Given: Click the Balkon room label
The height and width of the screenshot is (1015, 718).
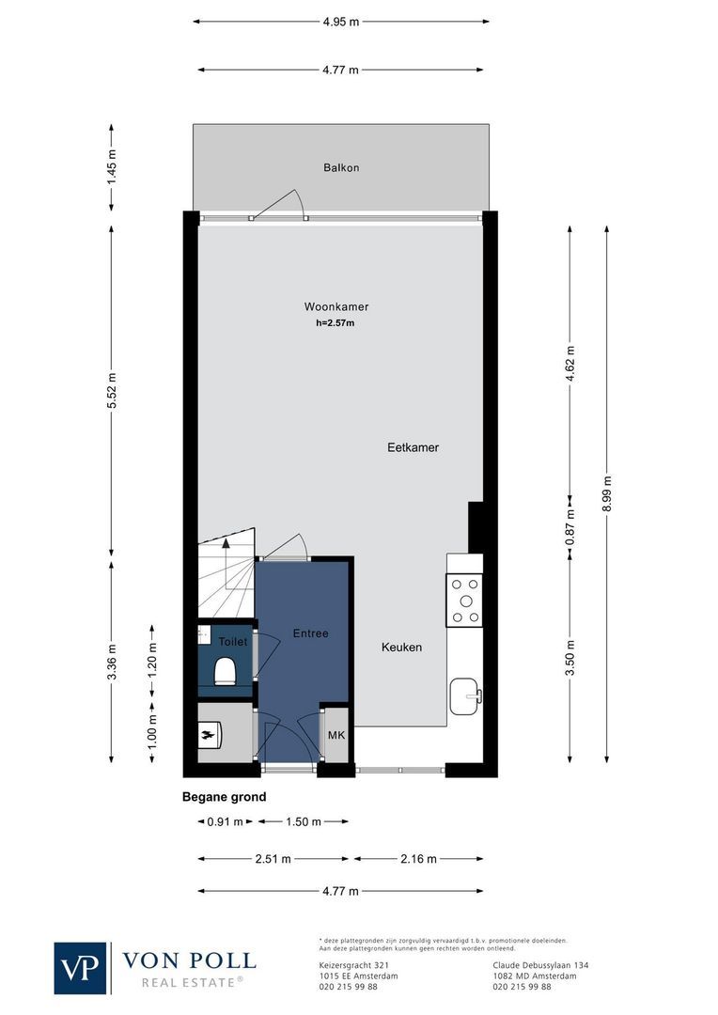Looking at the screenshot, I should point(341,168).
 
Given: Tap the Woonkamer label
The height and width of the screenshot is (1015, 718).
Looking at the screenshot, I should point(336,307).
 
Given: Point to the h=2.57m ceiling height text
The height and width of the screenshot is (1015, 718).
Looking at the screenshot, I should point(336,323).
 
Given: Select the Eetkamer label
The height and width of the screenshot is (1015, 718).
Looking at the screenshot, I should point(413,447).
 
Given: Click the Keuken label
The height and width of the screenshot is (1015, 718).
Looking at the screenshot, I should point(401,648).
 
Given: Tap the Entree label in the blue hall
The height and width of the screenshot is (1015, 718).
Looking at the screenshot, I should point(310,633).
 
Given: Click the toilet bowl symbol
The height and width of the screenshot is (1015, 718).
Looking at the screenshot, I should point(226,671).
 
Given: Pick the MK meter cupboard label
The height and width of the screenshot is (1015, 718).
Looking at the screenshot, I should point(336,735).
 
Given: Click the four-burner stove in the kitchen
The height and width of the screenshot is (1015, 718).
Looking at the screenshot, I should point(464,601).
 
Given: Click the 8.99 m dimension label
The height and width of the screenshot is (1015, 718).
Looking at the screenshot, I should point(608,493).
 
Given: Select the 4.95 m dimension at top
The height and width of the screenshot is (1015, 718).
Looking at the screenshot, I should point(340,22).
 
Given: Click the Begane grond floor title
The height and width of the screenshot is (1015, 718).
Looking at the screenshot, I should point(224,797).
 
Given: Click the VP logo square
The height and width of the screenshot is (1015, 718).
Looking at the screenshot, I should point(81,968).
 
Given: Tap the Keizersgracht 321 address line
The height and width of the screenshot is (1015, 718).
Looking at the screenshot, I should point(349,964).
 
